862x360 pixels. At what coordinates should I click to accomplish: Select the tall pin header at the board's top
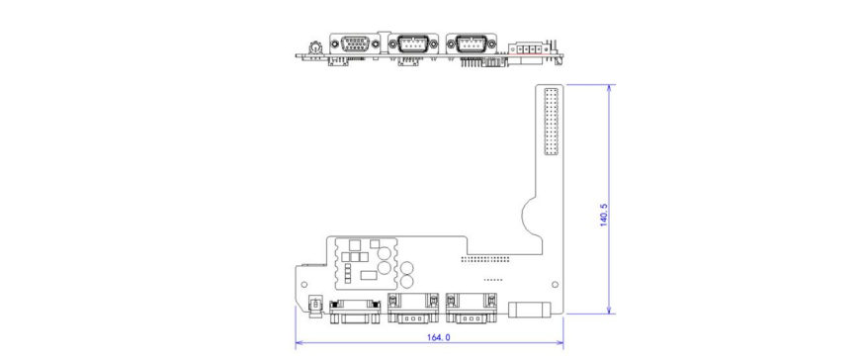pyautogui.click(x=550, y=122)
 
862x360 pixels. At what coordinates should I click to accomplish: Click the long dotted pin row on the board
pyautogui.click(x=487, y=259)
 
